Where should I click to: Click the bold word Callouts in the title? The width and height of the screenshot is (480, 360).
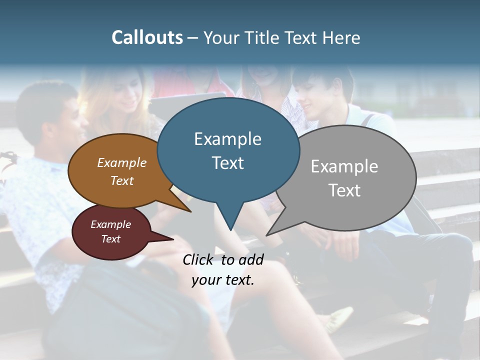pyautogui.click(x=147, y=37)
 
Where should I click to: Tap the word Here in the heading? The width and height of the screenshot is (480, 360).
pyautogui.click(x=341, y=37)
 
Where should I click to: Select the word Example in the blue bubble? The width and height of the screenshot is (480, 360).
pyautogui.click(x=227, y=139)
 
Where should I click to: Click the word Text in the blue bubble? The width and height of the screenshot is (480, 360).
pyautogui.click(x=227, y=163)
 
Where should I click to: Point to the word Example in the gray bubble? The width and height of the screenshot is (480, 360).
pyautogui.click(x=344, y=166)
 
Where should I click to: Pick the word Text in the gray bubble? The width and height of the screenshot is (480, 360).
pyautogui.click(x=344, y=190)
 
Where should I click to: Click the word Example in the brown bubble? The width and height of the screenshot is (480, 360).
pyautogui.click(x=121, y=162)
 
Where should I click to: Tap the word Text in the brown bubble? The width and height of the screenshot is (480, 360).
pyautogui.click(x=121, y=180)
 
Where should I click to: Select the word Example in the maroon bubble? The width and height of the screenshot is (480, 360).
pyautogui.click(x=110, y=224)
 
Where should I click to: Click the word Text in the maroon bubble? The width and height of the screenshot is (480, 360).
pyautogui.click(x=110, y=239)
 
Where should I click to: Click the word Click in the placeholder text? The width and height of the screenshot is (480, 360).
pyautogui.click(x=198, y=259)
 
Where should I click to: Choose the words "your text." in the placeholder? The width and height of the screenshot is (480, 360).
pyautogui.click(x=222, y=280)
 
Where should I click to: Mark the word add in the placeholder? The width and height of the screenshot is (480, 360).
pyautogui.click(x=250, y=259)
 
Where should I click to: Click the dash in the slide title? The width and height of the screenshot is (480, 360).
pyautogui.click(x=193, y=38)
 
